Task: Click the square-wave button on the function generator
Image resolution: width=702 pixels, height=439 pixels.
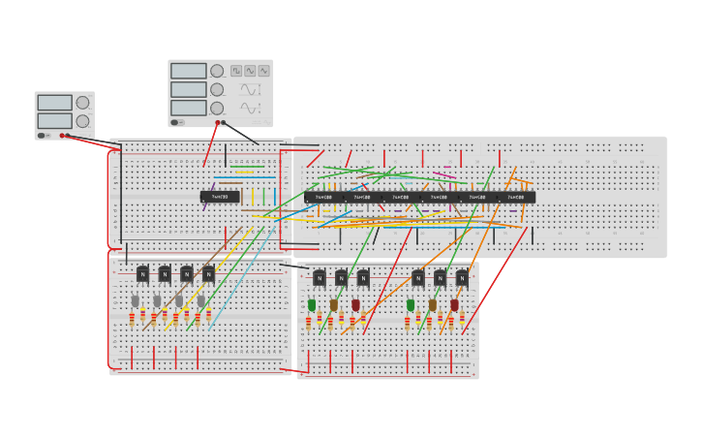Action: click(236, 71)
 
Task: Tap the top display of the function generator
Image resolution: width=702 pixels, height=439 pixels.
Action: click(189, 71)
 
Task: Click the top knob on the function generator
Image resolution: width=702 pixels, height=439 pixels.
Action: click(217, 71)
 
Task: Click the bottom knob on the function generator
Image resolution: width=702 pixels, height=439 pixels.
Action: click(217, 108)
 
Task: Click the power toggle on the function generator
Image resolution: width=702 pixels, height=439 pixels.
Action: click(175, 122)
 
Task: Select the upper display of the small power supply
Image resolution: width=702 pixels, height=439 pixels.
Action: click(54, 102)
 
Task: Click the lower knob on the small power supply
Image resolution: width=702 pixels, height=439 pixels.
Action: click(82, 121)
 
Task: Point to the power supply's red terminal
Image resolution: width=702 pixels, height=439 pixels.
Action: click(63, 136)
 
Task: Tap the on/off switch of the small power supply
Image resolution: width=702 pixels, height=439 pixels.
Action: click(42, 136)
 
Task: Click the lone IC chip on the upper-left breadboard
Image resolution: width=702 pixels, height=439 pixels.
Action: click(220, 197)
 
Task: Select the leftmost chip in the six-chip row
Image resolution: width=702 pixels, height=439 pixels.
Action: click(321, 197)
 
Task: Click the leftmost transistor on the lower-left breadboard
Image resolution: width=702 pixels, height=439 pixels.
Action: click(142, 274)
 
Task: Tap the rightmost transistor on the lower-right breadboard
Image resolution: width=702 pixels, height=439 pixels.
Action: click(462, 278)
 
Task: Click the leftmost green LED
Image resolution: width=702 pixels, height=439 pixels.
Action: click(312, 305)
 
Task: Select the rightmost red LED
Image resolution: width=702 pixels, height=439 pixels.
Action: click(454, 305)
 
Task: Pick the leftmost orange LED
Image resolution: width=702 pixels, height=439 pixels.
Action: click(334, 305)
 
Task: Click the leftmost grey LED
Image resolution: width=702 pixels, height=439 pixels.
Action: click(135, 301)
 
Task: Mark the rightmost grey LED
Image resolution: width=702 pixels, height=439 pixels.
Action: click(201, 301)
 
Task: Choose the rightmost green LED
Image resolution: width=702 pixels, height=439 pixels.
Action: click(411, 305)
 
